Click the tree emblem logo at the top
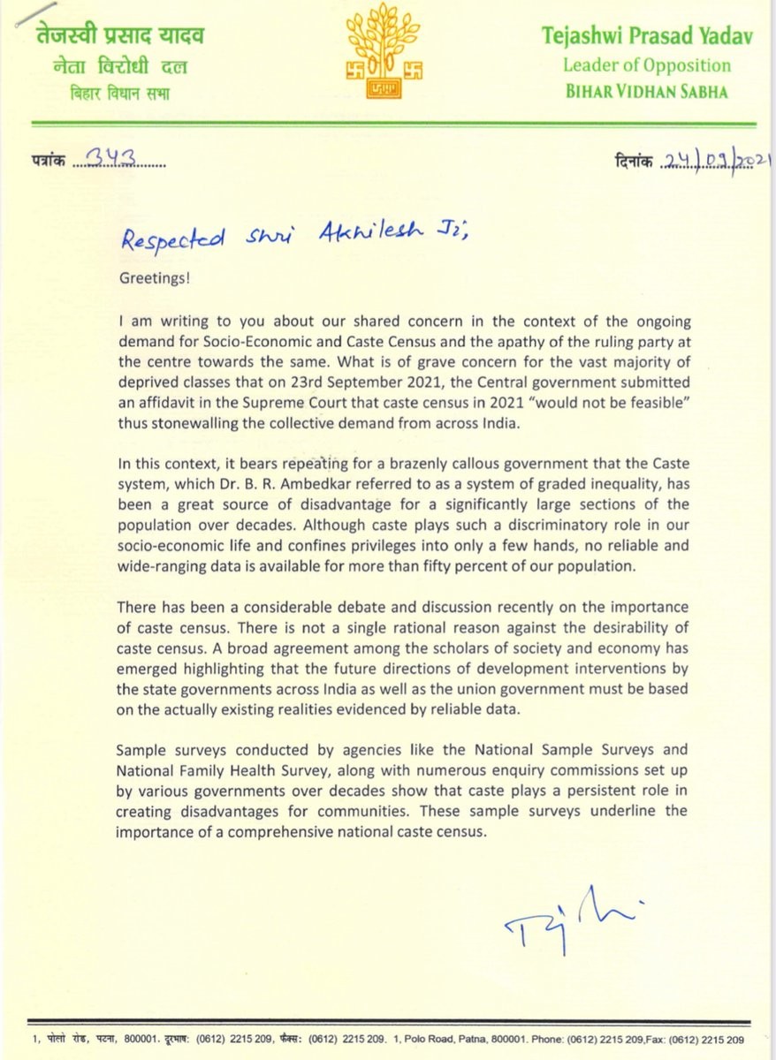pyautogui.click(x=388, y=51)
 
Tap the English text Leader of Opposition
pyautogui.click(x=646, y=65)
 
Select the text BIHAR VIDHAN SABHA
pyautogui.click(x=646, y=91)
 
